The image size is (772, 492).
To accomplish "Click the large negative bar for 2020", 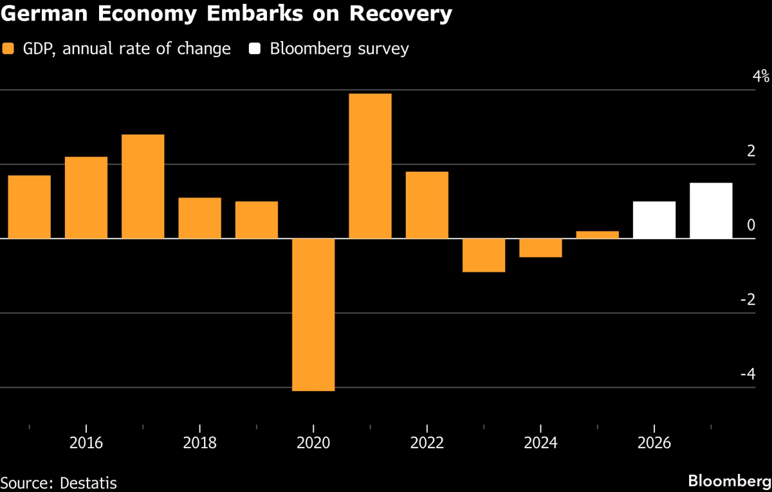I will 313,314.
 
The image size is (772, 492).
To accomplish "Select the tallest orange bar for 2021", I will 370,166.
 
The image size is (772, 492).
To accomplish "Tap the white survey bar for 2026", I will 654,220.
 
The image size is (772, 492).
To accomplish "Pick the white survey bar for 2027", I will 711,211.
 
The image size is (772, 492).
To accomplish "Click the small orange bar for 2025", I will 597,235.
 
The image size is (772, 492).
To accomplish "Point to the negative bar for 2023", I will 484,255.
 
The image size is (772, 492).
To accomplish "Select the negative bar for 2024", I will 540,248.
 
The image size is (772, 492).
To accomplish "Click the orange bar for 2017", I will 143,187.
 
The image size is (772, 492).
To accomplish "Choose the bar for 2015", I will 29,207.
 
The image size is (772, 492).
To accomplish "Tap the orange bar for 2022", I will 427,205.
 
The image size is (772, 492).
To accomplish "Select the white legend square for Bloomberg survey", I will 256,49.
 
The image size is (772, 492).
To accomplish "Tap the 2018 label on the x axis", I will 199,443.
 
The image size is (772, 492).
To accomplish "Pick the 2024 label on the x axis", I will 540,443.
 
